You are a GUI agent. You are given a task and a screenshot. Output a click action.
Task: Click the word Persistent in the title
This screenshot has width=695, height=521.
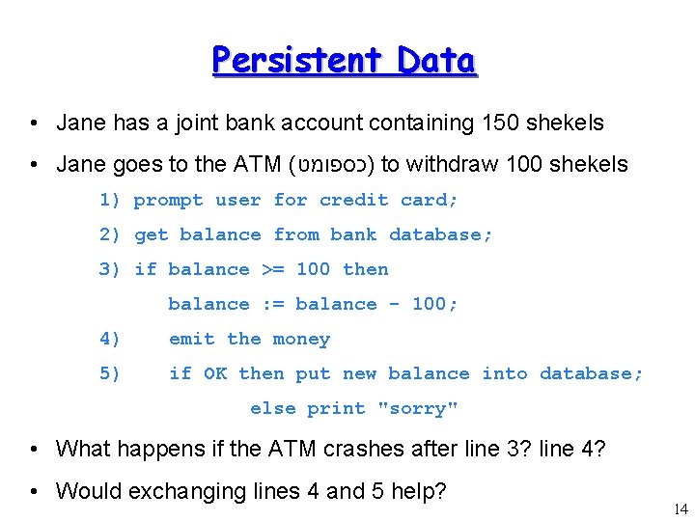[285, 61]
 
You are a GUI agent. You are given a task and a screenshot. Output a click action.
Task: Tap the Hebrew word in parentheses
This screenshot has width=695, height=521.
[334, 164]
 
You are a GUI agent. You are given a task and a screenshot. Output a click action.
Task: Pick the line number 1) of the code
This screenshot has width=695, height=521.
[110, 201]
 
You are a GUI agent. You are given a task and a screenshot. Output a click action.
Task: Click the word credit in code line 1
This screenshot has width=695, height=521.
[354, 201]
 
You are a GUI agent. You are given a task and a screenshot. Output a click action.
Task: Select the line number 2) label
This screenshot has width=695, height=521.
[110, 235]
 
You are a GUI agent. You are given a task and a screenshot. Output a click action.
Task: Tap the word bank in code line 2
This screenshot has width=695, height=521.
[354, 235]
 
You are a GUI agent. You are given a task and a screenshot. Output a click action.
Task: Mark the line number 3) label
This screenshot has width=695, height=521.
[110, 270]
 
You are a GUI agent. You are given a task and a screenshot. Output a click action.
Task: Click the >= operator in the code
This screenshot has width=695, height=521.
[273, 270]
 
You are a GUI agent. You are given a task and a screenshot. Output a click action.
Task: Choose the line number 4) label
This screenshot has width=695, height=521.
[110, 340]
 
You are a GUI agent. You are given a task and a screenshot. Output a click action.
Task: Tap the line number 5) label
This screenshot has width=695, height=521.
[110, 374]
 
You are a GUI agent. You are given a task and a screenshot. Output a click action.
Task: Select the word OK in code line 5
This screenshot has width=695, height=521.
[215, 374]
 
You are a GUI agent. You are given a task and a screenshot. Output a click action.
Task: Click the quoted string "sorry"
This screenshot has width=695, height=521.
[418, 409]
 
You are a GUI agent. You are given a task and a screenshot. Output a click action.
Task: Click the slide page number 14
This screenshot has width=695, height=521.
[681, 508]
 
